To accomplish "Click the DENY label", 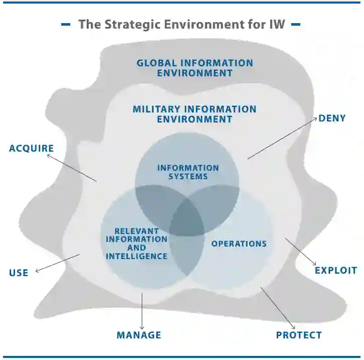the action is (332, 118).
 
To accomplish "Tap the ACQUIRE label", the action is (31, 148).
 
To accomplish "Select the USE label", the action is (19, 273).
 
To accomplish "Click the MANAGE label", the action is (139, 335).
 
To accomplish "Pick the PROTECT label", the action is (299, 335).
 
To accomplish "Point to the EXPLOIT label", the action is (336, 270).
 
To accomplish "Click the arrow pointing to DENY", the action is (282, 139).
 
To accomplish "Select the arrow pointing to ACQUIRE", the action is (72, 168).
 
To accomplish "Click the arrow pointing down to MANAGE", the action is (142, 311).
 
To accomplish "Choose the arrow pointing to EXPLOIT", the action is (301, 252).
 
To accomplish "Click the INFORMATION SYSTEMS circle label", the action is (188, 172).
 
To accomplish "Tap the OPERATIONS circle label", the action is (239, 244).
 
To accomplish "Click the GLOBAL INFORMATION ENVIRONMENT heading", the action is (195, 68).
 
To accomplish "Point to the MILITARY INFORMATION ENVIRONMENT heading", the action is (195, 114).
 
